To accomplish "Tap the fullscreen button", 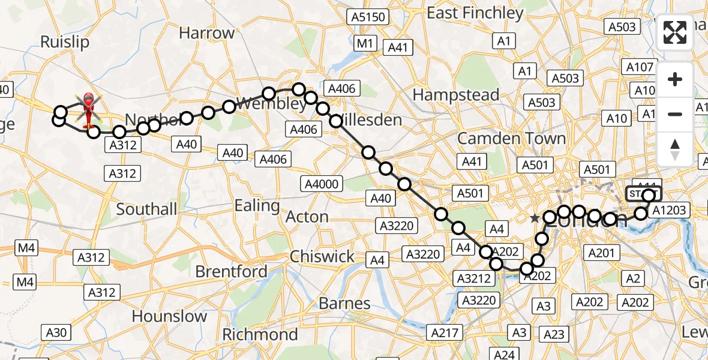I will [675, 33].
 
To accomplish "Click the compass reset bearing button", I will [675, 149].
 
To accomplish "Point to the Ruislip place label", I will [64, 41].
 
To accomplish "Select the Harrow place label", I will [206, 33].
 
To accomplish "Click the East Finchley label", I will [475, 13].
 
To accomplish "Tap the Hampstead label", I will [456, 95].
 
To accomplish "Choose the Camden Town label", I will [511, 139].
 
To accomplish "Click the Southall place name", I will [147, 209].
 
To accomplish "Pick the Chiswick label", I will [322, 257].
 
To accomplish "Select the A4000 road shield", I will [322, 184].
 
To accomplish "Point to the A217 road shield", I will [444, 332].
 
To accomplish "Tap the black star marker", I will [535, 219].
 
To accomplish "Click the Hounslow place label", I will [169, 316].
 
